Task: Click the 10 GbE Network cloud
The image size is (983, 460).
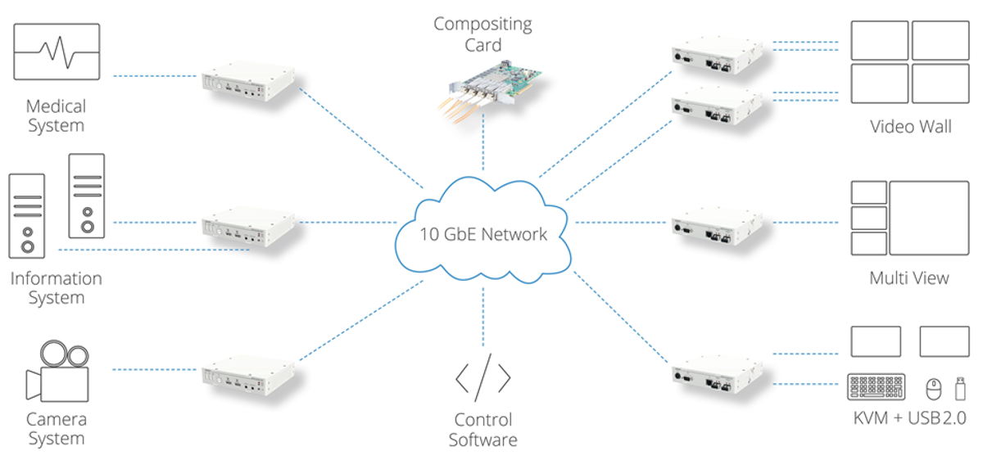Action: (x=483, y=233)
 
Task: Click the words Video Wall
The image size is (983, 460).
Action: (x=911, y=127)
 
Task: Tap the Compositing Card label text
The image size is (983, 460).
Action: (x=482, y=34)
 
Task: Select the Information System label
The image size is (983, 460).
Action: (x=56, y=288)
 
